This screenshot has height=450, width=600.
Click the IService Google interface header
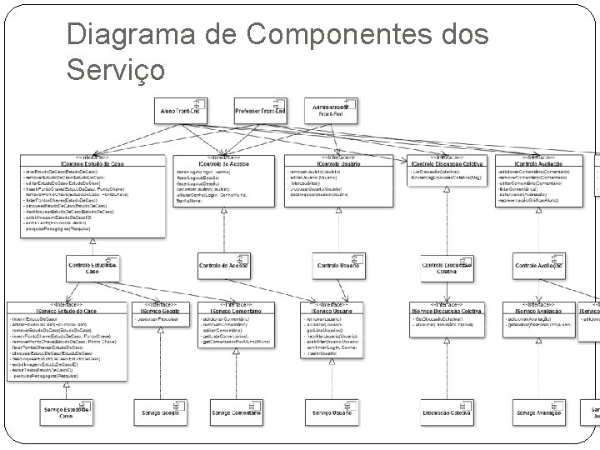click(x=159, y=309)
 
